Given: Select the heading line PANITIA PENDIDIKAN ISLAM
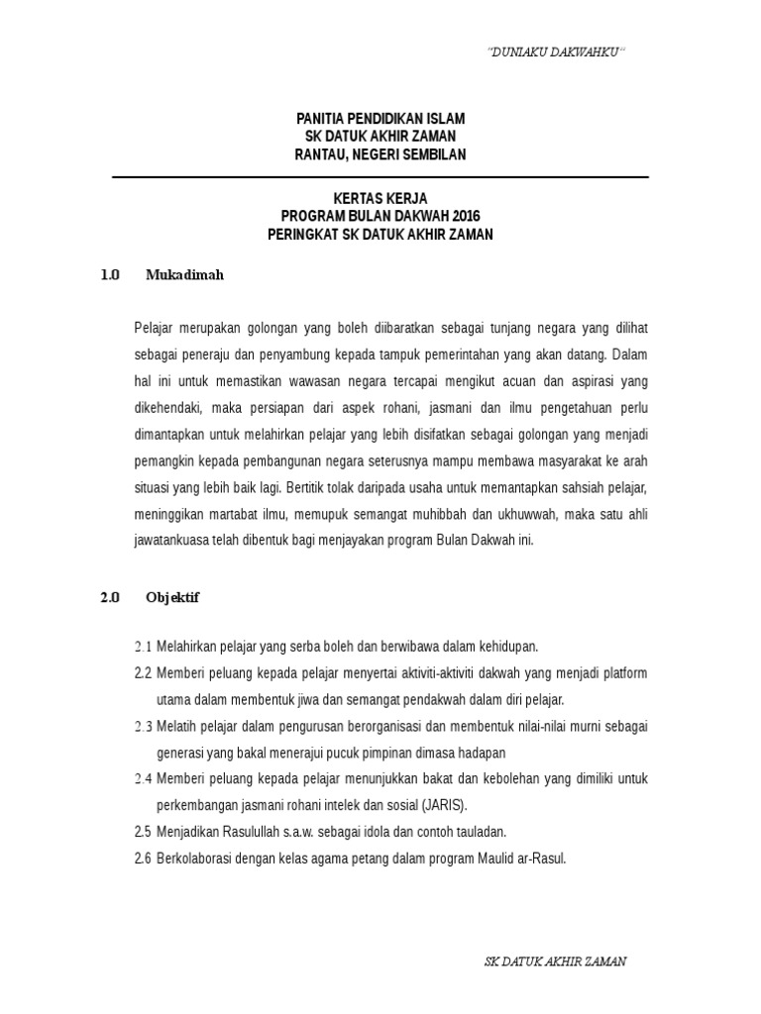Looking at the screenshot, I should pyautogui.click(x=380, y=119).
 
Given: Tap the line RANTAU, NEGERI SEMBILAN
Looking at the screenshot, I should pyautogui.click(x=380, y=154).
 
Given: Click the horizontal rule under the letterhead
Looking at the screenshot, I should pyautogui.click(x=380, y=177).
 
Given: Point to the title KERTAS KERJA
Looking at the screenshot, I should pyautogui.click(x=380, y=199).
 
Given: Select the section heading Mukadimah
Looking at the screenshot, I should pyautogui.click(x=184, y=275).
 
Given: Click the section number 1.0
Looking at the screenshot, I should pyautogui.click(x=110, y=275).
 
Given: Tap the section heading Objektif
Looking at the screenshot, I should pyautogui.click(x=172, y=597).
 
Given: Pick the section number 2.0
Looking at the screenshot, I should pyautogui.click(x=110, y=597).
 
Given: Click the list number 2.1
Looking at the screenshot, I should pyautogui.click(x=143, y=647).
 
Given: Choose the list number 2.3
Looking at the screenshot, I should pyautogui.click(x=143, y=726).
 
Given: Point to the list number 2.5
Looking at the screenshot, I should pyautogui.click(x=143, y=831).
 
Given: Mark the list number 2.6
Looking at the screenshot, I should pyautogui.click(x=143, y=858).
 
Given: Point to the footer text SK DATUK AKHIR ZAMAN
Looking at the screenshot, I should pyautogui.click(x=555, y=962).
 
